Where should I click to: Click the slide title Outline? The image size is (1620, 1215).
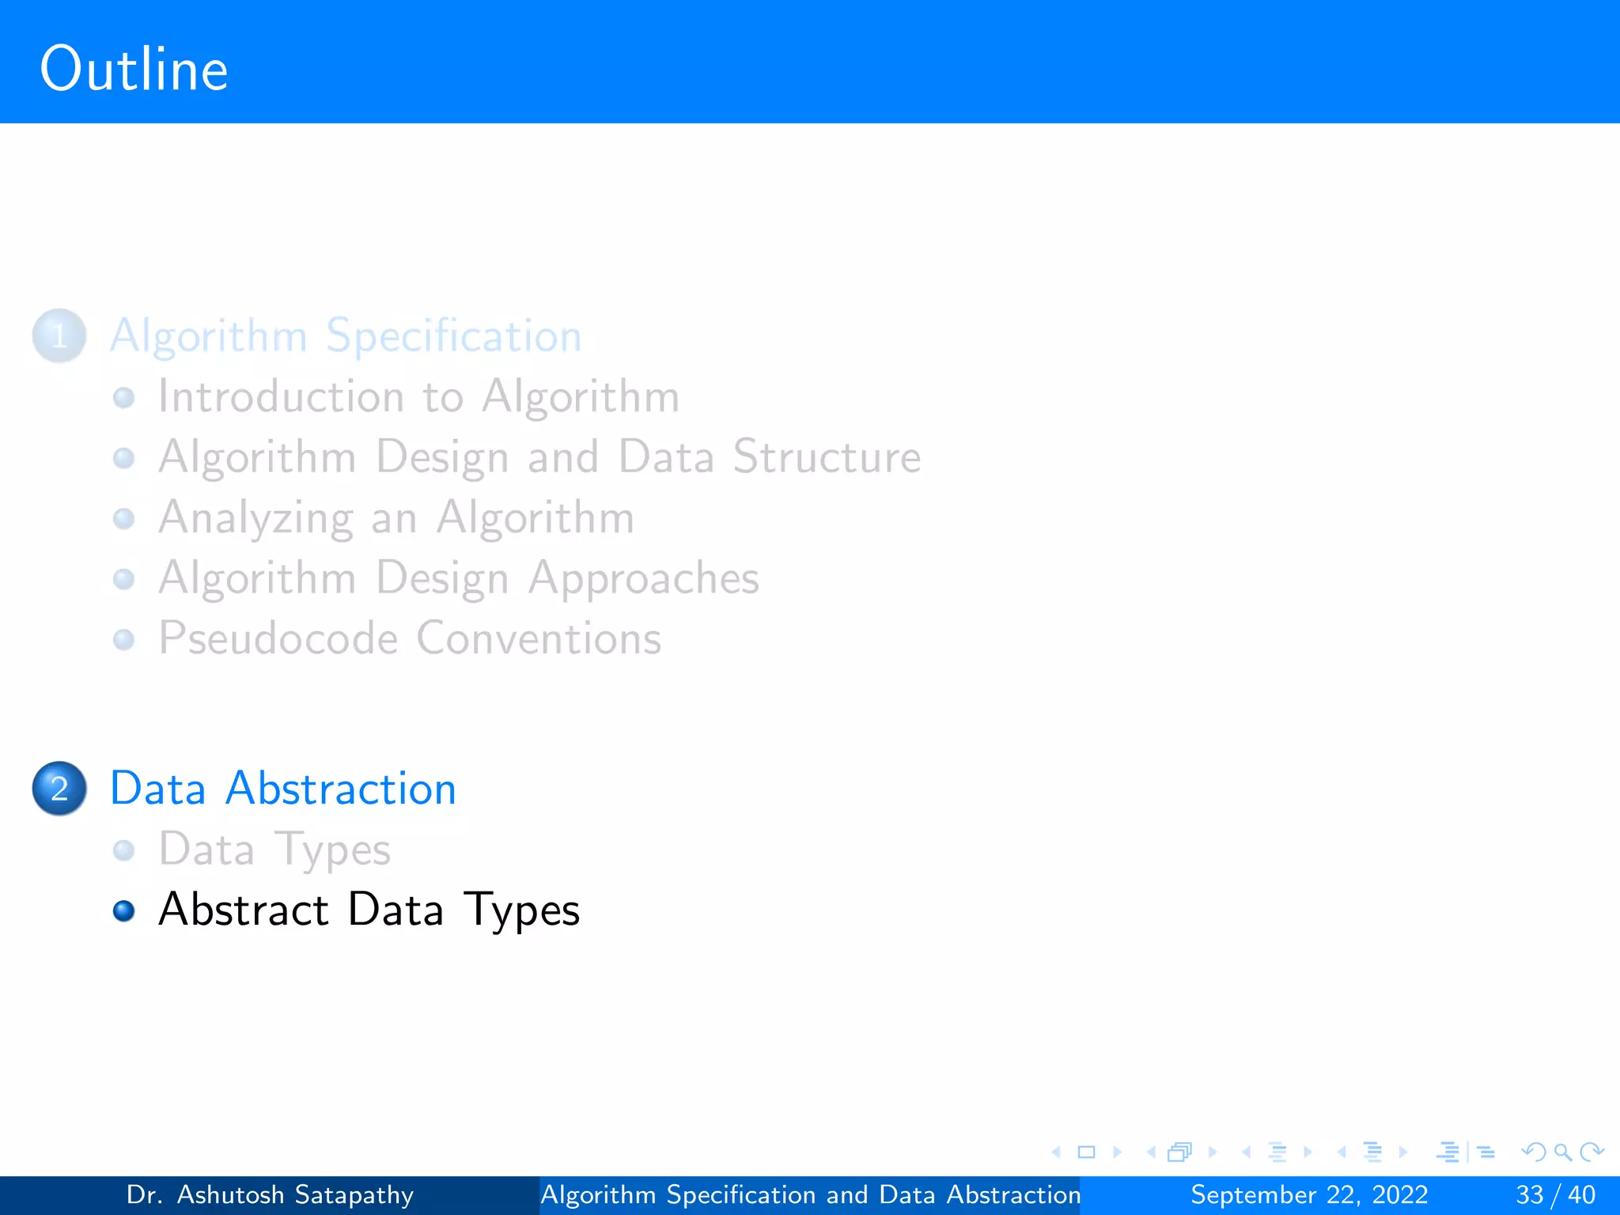134,70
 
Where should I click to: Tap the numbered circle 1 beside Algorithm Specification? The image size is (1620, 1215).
59,336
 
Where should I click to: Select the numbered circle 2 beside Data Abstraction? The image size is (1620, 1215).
59,789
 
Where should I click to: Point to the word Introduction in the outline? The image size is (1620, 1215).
281,396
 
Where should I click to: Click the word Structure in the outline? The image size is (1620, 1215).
827,457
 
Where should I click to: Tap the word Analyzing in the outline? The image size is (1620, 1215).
255,519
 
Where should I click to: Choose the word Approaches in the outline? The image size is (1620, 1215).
644,579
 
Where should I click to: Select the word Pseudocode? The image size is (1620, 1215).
278,638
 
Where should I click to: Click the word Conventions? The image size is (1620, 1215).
539,638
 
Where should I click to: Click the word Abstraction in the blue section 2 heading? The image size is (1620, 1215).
341,789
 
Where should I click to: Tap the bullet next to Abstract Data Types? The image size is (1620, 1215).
124,911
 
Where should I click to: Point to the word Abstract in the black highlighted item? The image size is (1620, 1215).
243,910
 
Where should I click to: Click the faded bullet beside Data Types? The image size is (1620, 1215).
124,850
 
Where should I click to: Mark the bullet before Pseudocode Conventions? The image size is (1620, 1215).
124,639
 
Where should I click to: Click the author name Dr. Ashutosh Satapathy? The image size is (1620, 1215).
270,1194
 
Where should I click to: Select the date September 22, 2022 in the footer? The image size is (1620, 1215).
1309,1194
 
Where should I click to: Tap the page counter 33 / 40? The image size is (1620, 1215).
1555,1194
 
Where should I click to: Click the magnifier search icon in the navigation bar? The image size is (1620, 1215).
1562,1153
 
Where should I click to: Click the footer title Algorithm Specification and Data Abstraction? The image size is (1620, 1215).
810,1194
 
